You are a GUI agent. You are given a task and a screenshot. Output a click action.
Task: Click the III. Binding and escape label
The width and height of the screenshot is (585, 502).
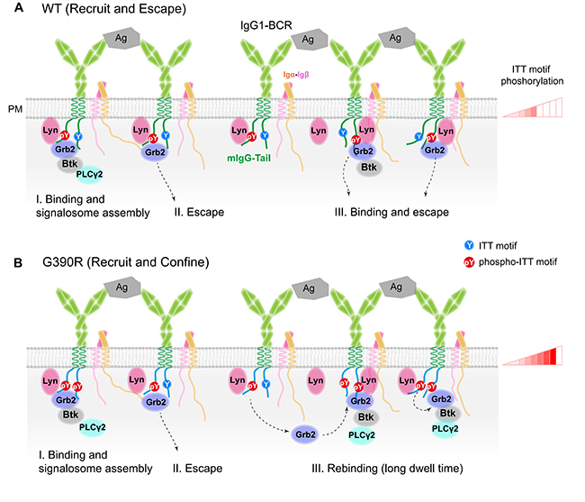point(387,214)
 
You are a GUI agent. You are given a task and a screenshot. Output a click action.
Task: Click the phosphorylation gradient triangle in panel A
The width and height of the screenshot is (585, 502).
point(533,110)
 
